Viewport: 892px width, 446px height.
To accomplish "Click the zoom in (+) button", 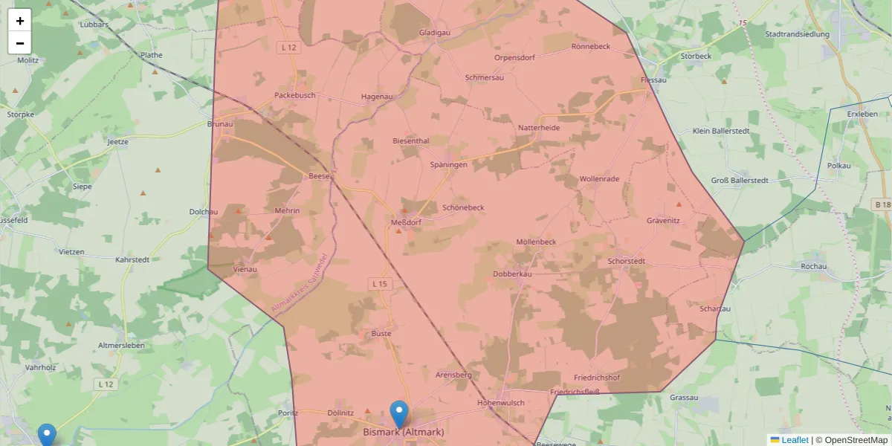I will tap(20, 21).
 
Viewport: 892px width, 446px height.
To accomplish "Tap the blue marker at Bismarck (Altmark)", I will tap(399, 414).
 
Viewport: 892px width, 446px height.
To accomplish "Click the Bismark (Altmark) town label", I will tap(404, 432).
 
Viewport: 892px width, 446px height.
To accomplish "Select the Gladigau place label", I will tap(435, 33).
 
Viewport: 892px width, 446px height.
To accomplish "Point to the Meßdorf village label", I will tap(407, 222).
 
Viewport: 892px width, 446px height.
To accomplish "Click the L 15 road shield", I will tap(379, 283).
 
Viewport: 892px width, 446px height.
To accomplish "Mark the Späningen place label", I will tap(449, 164).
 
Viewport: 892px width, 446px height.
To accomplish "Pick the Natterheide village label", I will tap(539, 128).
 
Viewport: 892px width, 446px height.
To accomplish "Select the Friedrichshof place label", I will tap(597, 378).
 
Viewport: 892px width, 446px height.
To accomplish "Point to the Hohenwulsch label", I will tap(501, 403).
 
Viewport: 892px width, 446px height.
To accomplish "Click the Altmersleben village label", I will tap(121, 346).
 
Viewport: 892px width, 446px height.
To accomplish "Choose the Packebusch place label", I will tap(295, 95).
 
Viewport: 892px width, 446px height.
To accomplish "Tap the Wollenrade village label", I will tap(599, 179).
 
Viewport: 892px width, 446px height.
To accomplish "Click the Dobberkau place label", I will tap(512, 274).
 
